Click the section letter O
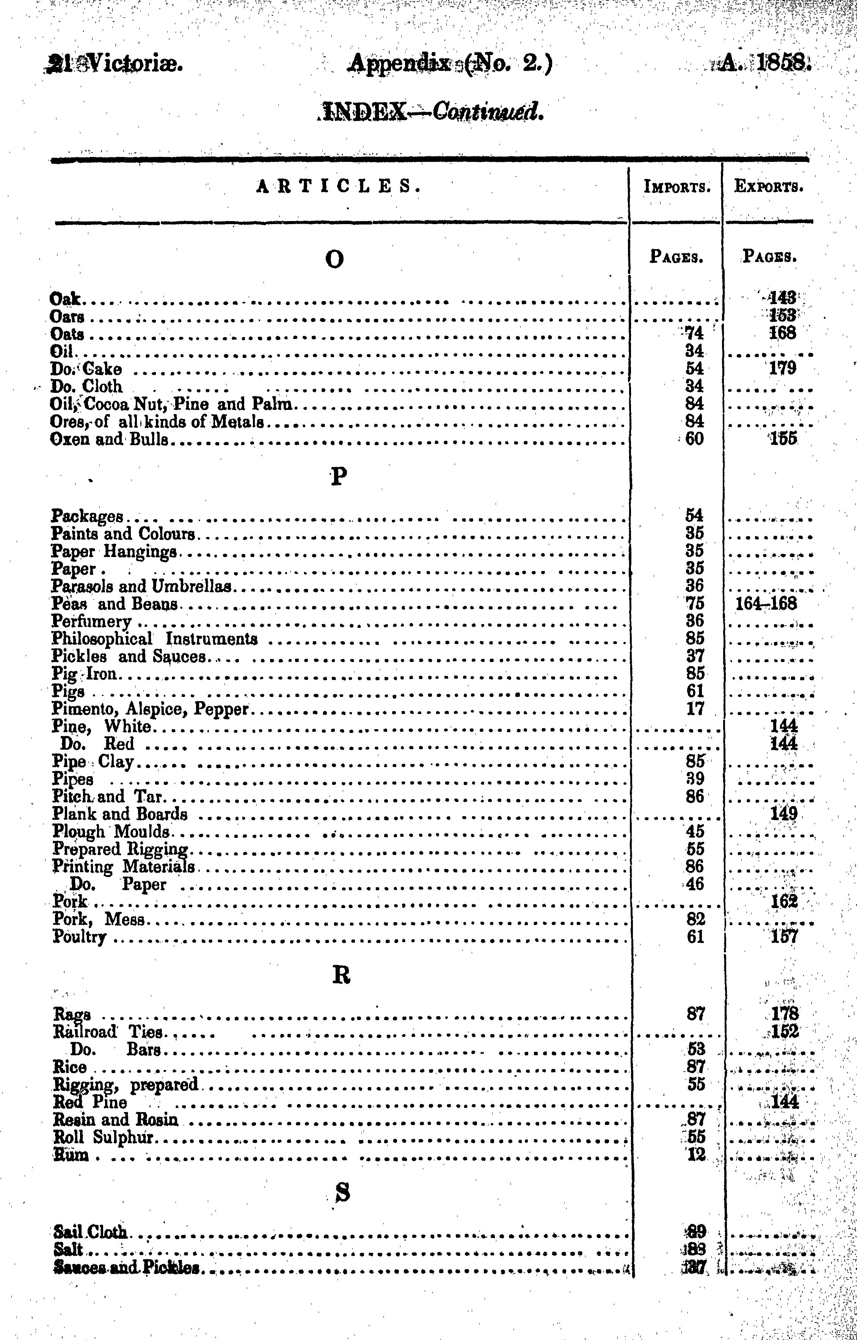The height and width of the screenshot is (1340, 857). click(x=334, y=259)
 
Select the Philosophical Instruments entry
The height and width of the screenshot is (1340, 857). click(x=155, y=639)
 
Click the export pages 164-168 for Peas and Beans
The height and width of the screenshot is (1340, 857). click(x=766, y=604)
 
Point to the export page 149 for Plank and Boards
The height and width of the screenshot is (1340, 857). click(x=783, y=814)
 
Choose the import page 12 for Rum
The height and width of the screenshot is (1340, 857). click(x=695, y=1155)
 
